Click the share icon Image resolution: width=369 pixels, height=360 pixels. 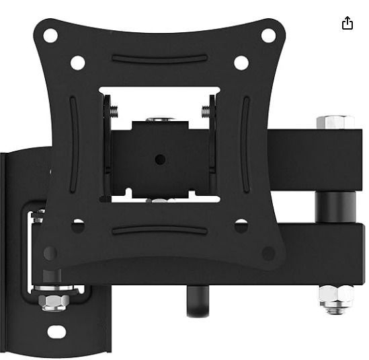(347, 24)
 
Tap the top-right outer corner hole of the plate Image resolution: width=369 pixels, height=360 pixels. (268, 36)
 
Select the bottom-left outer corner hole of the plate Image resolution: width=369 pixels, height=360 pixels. (50, 254)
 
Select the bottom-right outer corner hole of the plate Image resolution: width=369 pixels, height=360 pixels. (268, 254)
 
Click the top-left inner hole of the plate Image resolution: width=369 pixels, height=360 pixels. (77, 63)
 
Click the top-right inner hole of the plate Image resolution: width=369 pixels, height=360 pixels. (241, 63)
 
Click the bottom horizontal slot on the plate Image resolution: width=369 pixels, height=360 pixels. (159, 230)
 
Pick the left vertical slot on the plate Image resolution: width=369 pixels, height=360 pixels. (73, 145)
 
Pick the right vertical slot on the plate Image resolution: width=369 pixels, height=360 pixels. (245, 145)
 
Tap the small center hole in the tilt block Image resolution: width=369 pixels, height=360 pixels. (160, 159)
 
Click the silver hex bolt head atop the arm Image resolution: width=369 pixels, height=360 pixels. (335, 122)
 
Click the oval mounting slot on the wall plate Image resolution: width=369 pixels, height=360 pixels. (56, 332)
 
